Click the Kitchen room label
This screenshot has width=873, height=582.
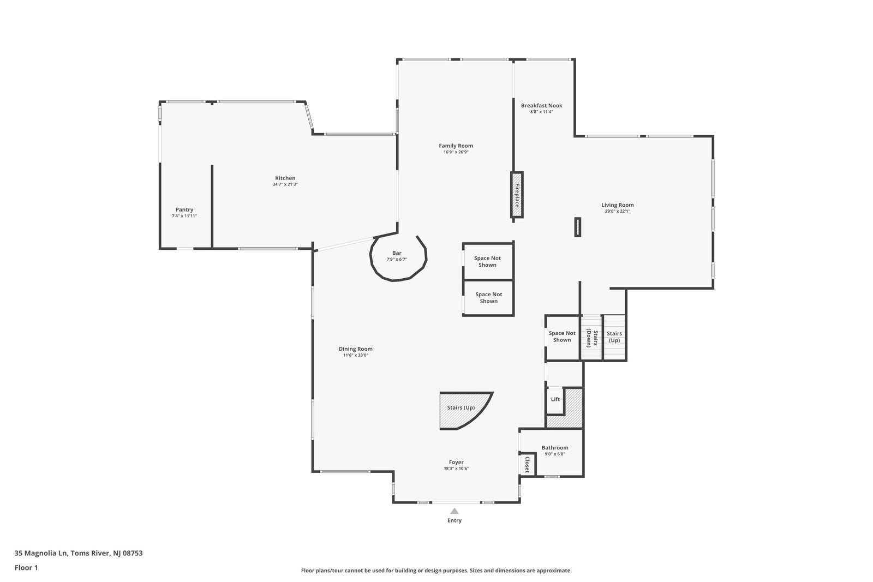click(x=285, y=178)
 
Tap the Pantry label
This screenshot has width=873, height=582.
click(x=184, y=209)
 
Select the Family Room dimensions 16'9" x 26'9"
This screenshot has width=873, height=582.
click(x=456, y=152)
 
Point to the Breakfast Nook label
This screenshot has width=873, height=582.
click(x=541, y=105)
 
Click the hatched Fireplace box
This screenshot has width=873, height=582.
click(x=517, y=195)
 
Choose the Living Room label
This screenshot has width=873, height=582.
click(x=617, y=205)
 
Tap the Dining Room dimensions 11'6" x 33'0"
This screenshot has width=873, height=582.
click(x=355, y=355)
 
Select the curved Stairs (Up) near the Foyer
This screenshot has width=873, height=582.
click(x=462, y=409)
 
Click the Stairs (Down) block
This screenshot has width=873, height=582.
click(x=592, y=338)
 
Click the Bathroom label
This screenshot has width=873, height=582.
click(x=554, y=448)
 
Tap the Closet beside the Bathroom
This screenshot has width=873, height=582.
click(x=527, y=464)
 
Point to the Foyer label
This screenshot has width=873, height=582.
click(x=456, y=463)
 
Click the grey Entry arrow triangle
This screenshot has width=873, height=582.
click(x=455, y=511)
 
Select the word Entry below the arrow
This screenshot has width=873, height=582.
click(x=455, y=520)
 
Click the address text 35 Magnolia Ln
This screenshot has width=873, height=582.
click(x=40, y=553)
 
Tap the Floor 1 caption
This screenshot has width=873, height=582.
click(x=26, y=568)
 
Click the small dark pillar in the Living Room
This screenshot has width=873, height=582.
click(x=578, y=227)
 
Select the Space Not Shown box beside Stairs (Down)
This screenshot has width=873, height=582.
click(x=563, y=337)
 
